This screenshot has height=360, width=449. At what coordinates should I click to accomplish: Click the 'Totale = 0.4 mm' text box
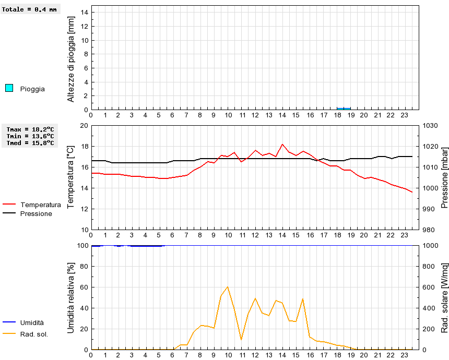pyautogui.click(x=30, y=9)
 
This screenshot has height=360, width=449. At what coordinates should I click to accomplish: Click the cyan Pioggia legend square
pyautogui.click(x=9, y=88)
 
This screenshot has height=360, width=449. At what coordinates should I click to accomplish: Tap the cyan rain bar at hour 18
pyautogui.click(x=344, y=109)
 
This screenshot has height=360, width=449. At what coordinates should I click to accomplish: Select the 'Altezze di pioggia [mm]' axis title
pyautogui.click(x=72, y=58)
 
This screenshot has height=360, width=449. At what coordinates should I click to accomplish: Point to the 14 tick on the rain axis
pyautogui.click(x=84, y=13)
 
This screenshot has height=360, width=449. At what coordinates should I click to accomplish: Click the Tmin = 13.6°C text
pyautogui.click(x=30, y=136)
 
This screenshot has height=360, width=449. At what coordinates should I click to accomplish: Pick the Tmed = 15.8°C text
pyautogui.click(x=30, y=143)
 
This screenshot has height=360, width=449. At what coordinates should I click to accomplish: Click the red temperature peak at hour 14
pyautogui.click(x=282, y=144)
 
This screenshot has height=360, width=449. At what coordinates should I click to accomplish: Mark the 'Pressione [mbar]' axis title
pyautogui.click(x=445, y=177)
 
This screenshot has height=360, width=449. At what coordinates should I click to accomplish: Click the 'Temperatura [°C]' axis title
pyautogui.click(x=72, y=177)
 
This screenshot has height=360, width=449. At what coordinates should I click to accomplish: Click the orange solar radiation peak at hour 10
pyautogui.click(x=228, y=286)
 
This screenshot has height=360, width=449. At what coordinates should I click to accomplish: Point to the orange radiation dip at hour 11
pyautogui.click(x=241, y=339)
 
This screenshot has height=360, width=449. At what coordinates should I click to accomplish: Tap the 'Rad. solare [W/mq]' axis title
pyautogui.click(x=445, y=297)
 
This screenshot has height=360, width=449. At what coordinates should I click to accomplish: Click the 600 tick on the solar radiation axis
pyautogui.click(x=429, y=287)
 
